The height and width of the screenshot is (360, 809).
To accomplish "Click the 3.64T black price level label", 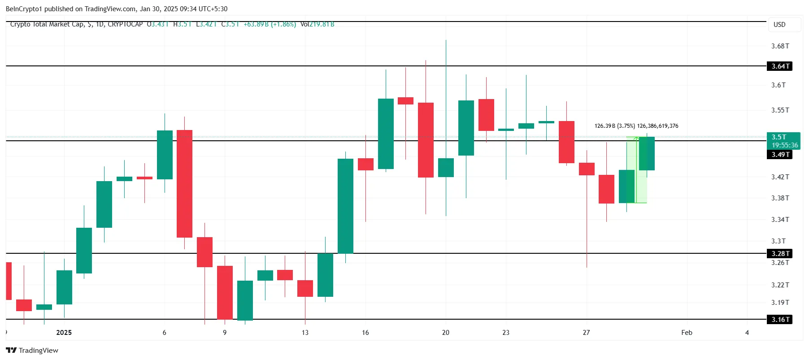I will point(780,66).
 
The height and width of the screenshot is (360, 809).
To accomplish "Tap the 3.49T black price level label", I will point(780,155).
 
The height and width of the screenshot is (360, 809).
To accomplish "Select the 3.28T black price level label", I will point(780,254).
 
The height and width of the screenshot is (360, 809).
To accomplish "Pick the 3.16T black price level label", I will point(780,320).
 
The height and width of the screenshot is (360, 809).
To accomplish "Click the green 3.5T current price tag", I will point(783,141).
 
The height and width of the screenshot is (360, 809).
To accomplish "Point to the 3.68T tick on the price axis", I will point(780,46).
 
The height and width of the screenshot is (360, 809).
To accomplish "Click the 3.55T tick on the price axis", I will point(780,110).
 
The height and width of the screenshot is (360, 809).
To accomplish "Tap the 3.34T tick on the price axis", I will point(780,220).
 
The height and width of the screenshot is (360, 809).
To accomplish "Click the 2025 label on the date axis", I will point(64,333).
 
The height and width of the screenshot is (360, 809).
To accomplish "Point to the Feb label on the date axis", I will point(687,333).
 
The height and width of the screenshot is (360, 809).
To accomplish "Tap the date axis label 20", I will point(445,333).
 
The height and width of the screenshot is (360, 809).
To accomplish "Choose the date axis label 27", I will point(586,333).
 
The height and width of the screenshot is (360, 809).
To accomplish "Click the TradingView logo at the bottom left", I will point(32,351).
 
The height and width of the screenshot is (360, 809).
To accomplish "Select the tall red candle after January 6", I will point(184,184).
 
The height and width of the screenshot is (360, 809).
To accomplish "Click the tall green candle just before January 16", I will point(345,206).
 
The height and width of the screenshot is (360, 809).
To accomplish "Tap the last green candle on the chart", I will point(647,154).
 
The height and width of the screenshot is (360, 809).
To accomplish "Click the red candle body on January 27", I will point(587,169).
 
